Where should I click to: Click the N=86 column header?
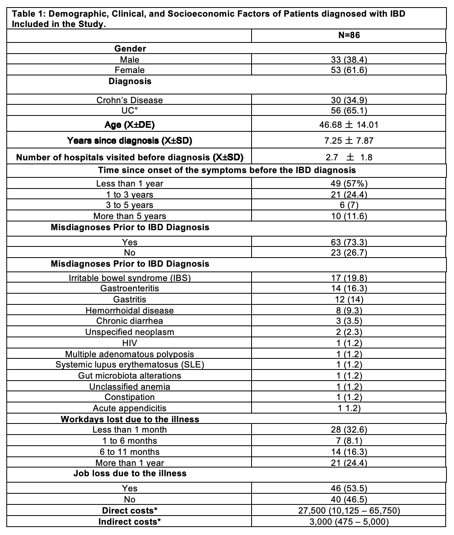(x=349, y=35)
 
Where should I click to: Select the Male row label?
(x=130, y=60)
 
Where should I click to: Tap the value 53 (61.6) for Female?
(x=349, y=70)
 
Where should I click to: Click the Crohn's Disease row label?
(x=130, y=100)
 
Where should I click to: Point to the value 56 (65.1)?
(x=349, y=110)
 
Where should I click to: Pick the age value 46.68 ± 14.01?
(x=349, y=125)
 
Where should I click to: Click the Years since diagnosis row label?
(x=130, y=140)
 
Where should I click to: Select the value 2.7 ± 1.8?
(x=349, y=157)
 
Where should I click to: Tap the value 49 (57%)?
(x=349, y=183)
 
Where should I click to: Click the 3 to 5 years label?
(x=130, y=205)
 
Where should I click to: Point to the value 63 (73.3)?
(x=349, y=242)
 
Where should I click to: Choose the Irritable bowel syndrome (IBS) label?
(x=130, y=278)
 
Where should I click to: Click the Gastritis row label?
(x=130, y=299)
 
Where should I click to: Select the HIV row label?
(x=130, y=343)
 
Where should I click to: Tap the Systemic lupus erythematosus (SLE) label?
(x=130, y=365)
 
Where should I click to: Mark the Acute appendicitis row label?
(x=130, y=408)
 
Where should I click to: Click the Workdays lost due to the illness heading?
(x=130, y=419)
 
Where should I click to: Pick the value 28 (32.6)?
(x=349, y=430)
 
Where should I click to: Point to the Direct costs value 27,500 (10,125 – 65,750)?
(x=349, y=510)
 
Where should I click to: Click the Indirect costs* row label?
(x=130, y=522)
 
